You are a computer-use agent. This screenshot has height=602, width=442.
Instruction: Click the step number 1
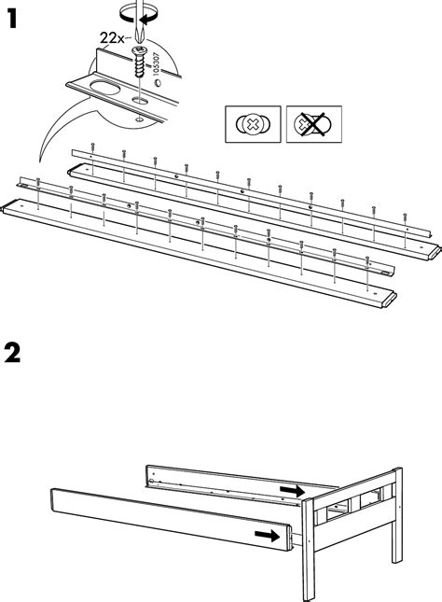coord(12,19)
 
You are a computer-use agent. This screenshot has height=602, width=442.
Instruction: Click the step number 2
coord(12,353)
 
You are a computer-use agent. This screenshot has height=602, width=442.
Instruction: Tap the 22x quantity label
coord(112,38)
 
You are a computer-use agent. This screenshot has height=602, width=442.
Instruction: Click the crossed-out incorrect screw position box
coord(314,124)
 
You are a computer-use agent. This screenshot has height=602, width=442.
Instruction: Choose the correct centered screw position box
coord(253,124)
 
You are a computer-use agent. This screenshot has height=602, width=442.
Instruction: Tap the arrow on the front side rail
coord(268,535)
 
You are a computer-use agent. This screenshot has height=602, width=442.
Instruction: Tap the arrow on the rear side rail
coord(293,490)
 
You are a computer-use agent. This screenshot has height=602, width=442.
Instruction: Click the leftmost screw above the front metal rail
coord(38,183)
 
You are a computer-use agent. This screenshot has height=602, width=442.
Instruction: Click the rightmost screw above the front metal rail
coord(367,262)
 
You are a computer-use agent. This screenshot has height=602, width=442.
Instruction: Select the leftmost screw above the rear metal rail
coord(92,147)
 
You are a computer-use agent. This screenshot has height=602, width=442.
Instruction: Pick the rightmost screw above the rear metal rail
coord(405,218)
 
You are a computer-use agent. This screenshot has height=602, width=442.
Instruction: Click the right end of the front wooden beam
coord(390,300)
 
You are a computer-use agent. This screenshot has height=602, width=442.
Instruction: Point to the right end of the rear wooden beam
coord(435,252)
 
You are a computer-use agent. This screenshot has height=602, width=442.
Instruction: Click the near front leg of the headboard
coord(308,550)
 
